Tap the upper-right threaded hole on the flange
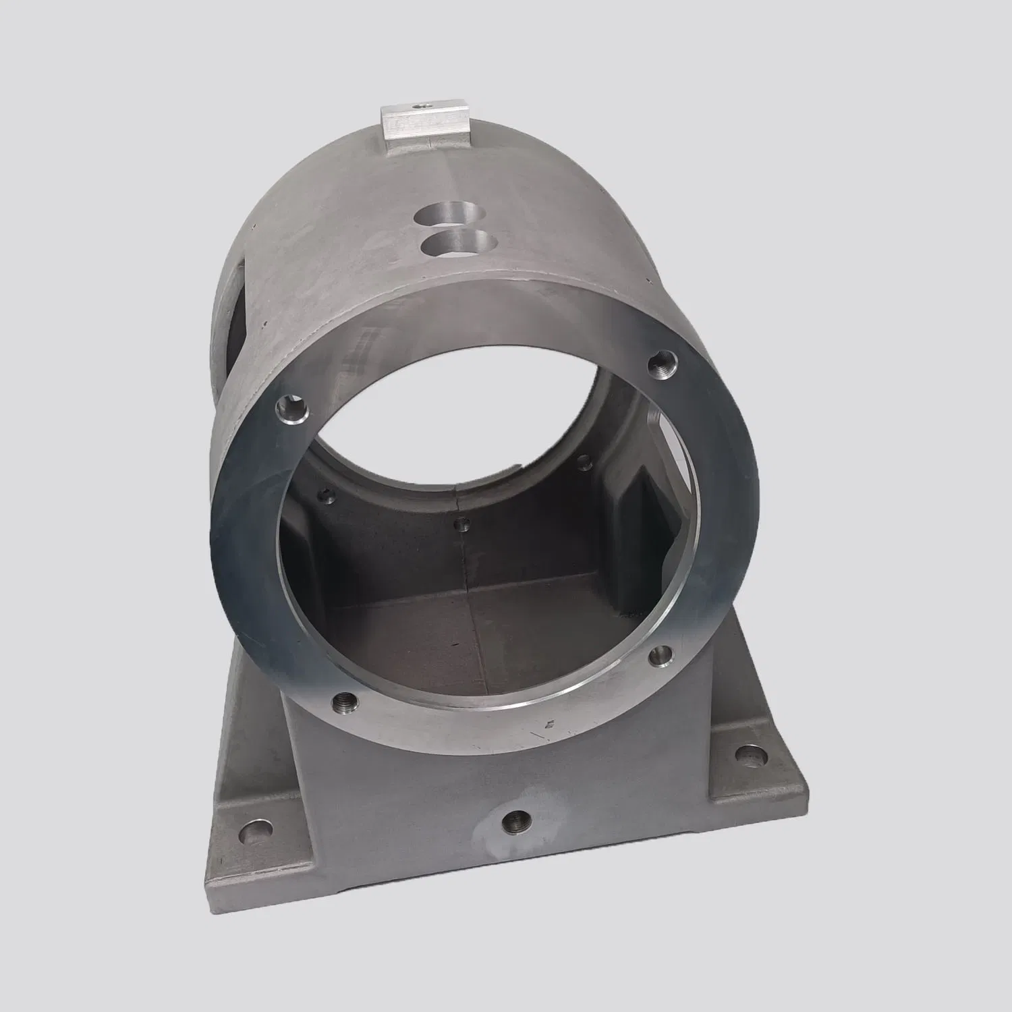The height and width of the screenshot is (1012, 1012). click(x=659, y=366)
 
